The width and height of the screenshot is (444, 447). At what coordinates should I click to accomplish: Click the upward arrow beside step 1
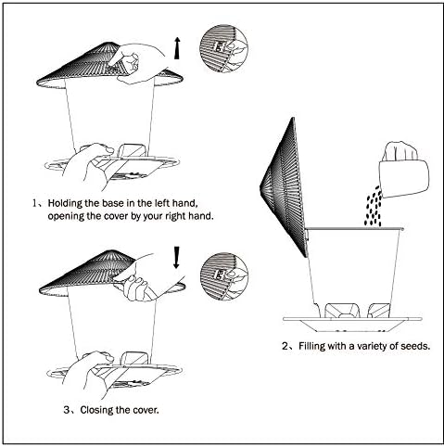click(x=177, y=48)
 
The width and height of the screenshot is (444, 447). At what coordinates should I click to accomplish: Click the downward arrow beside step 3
click(x=177, y=257)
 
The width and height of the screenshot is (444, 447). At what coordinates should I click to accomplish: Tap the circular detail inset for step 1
click(x=223, y=49)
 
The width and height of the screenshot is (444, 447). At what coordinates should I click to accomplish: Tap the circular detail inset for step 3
click(x=223, y=276)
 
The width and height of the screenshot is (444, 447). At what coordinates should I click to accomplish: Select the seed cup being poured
click(x=403, y=174)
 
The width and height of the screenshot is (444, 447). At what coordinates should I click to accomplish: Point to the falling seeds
click(x=374, y=206)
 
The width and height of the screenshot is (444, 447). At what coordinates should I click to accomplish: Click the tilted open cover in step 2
click(x=284, y=187)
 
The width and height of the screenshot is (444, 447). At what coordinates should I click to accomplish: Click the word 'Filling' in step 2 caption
click(x=311, y=346)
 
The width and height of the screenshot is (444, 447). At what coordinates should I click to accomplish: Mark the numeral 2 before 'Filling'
click(x=285, y=346)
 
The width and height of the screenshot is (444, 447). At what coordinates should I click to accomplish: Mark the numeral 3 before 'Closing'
click(x=67, y=410)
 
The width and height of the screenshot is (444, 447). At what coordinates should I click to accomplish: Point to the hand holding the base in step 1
click(x=88, y=165)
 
